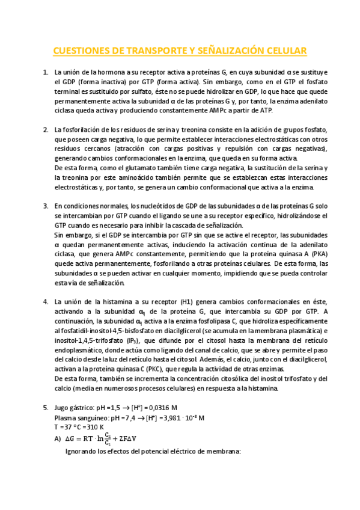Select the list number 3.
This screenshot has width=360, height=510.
46,205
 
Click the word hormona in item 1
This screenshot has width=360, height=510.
104,72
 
